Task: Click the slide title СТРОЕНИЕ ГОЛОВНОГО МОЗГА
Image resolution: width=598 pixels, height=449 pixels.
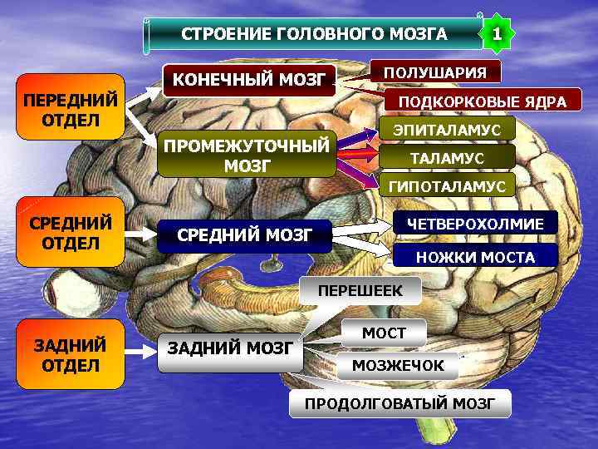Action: (314, 34)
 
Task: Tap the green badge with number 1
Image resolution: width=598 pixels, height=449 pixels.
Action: (496, 34)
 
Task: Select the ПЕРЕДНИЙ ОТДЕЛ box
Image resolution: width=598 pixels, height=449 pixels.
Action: (71, 110)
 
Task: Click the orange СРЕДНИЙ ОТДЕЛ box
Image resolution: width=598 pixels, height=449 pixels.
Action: (71, 232)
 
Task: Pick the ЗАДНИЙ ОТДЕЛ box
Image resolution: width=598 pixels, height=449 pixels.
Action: (71, 354)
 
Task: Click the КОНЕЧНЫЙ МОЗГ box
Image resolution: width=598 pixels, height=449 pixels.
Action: (248, 81)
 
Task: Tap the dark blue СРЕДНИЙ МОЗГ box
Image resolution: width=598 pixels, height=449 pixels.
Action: (244, 236)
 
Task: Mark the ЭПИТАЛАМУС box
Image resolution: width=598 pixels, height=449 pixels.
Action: (447, 130)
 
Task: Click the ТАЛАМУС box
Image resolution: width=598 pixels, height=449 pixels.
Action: (447, 156)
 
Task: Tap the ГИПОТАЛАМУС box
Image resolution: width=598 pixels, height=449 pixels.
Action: (447, 185)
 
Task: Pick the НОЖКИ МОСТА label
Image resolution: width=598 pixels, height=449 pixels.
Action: (475, 257)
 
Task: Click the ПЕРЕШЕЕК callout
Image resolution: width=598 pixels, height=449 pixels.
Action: (360, 291)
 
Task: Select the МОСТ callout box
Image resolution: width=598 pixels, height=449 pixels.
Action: (384, 333)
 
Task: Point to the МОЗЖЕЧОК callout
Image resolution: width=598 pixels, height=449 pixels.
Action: (397, 365)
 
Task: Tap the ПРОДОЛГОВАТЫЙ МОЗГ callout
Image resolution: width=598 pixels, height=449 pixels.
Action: (399, 404)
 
